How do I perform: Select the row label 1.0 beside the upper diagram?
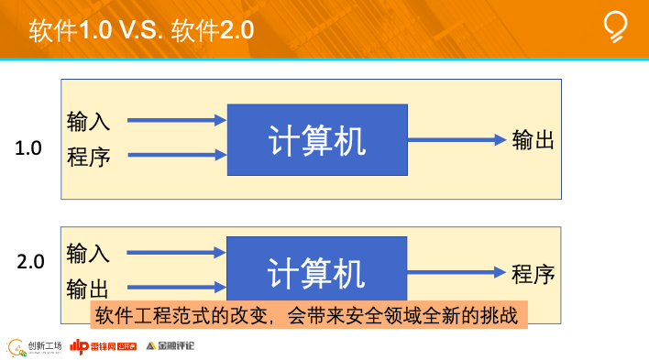(29, 147)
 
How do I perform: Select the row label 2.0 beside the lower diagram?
(30, 262)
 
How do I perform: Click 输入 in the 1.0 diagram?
(88, 121)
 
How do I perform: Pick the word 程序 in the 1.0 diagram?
(88, 156)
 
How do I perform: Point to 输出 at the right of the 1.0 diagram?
(533, 140)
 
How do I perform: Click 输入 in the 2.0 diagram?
(88, 253)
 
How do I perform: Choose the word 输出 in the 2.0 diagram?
(88, 289)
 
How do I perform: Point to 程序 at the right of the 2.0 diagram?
(533, 273)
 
